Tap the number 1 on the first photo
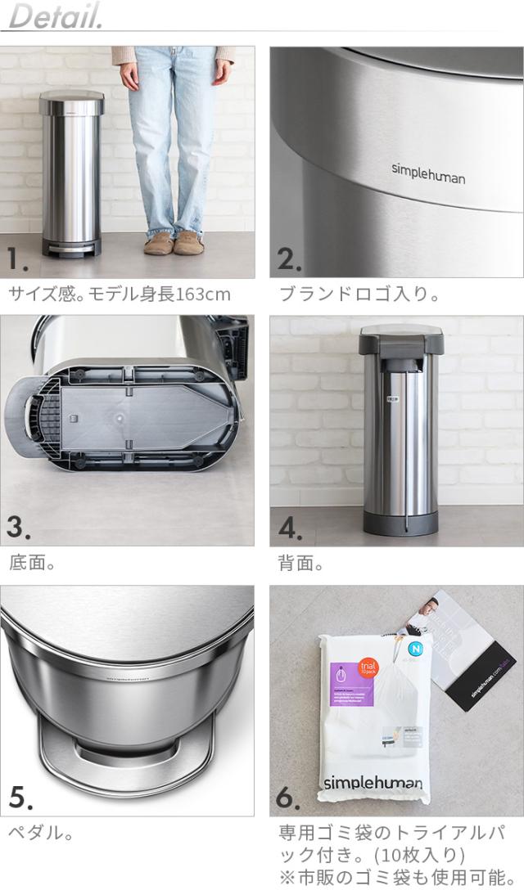[18, 260]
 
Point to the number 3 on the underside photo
[19, 528]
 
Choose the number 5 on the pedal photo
[20, 796]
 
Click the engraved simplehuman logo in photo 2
[427, 173]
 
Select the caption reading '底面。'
[31, 563]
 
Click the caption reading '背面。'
[301, 563]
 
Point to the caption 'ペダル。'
[41, 833]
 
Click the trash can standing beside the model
[71, 172]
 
